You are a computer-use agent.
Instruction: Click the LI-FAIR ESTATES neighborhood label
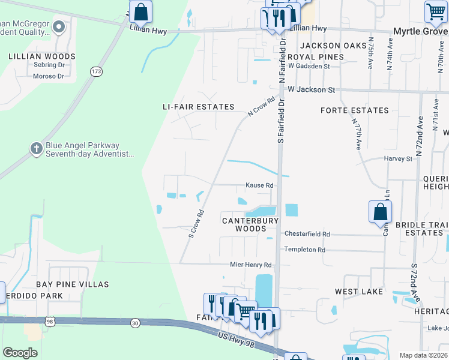pyautogui.click(x=199, y=107)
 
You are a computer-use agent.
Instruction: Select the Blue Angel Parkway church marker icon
pyautogui.click(x=36, y=148)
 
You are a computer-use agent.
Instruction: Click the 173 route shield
pyautogui.click(x=96, y=71)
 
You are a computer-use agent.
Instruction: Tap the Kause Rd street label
pyautogui.click(x=259, y=185)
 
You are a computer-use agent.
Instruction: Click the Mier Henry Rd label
pyautogui.click(x=251, y=265)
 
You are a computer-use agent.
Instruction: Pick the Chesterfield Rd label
pyautogui.click(x=307, y=234)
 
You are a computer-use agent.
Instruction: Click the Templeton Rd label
pyautogui.click(x=304, y=250)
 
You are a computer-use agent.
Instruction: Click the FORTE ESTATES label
pyautogui.click(x=355, y=110)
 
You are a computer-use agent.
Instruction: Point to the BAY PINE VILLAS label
pyautogui.click(x=72, y=284)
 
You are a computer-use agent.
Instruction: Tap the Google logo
pyautogui.click(x=20, y=353)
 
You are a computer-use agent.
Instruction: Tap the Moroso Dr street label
pyautogui.click(x=49, y=76)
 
